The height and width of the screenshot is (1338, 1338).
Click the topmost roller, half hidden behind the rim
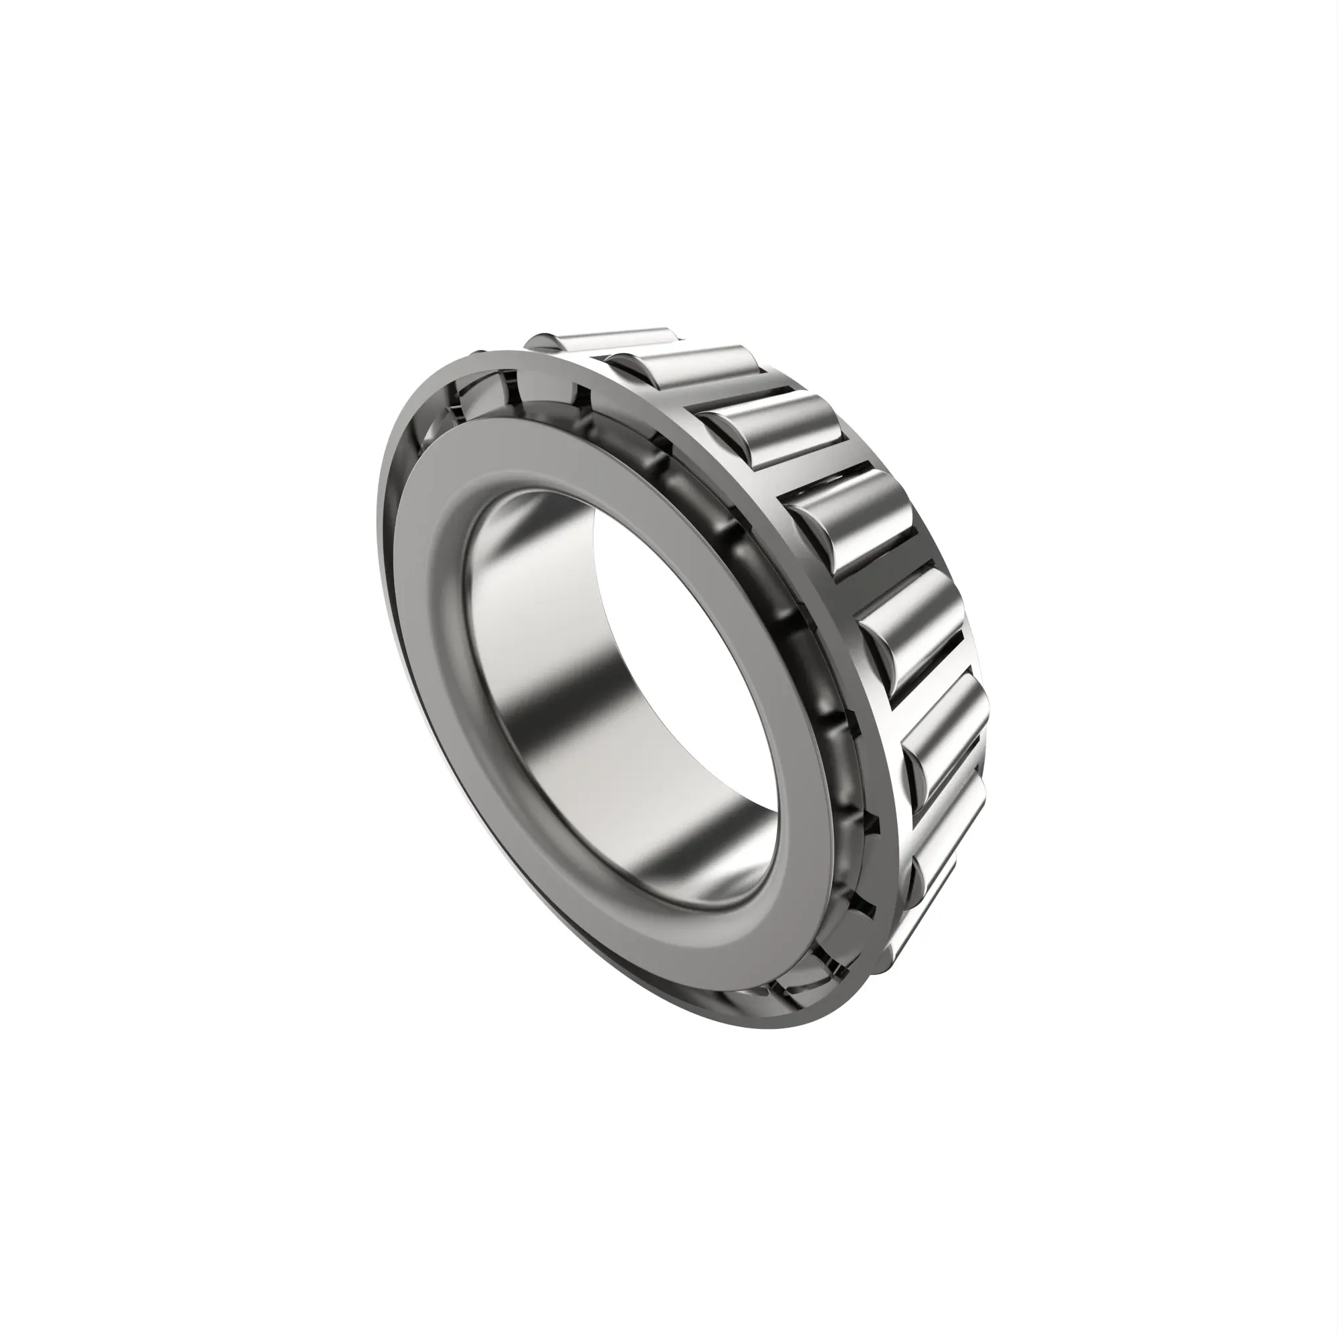click(x=609, y=342)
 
